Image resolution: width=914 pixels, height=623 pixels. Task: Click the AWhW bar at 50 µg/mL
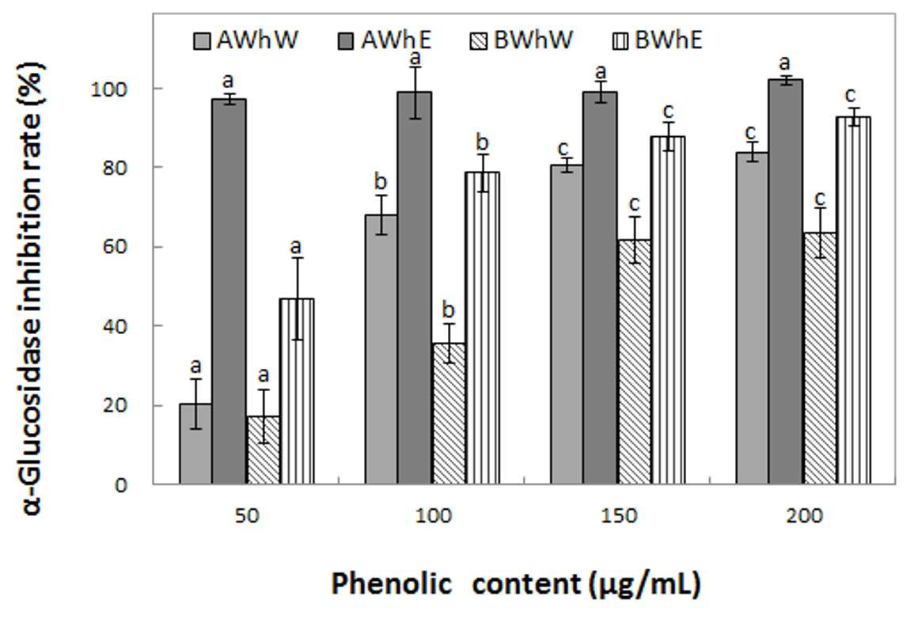(196, 444)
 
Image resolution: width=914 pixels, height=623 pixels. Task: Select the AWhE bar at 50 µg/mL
(229, 291)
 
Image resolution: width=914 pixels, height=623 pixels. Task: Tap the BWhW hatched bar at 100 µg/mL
(449, 413)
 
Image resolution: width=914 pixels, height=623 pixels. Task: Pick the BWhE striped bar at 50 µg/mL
(297, 391)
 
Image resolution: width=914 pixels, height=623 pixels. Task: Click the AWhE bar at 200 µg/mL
(785, 282)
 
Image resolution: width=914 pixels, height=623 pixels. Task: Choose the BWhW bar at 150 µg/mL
(635, 362)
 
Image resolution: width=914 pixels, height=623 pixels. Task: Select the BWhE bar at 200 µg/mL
(853, 300)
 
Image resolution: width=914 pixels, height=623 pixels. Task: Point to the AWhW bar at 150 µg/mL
(567, 325)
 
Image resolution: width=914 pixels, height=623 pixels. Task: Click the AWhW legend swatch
(202, 41)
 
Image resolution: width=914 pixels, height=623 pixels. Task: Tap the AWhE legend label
(396, 40)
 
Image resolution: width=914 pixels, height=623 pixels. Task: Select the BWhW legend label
(533, 40)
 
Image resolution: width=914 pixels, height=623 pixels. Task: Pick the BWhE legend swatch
(620, 41)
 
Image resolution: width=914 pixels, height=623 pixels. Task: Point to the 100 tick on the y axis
(108, 89)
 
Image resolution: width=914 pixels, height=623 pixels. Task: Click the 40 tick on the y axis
(115, 326)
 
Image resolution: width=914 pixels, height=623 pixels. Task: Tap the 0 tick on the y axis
(120, 484)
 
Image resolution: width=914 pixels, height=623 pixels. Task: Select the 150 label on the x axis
(619, 515)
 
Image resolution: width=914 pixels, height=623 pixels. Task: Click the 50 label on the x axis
(247, 515)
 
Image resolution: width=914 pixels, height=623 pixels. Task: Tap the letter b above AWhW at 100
(380, 181)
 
